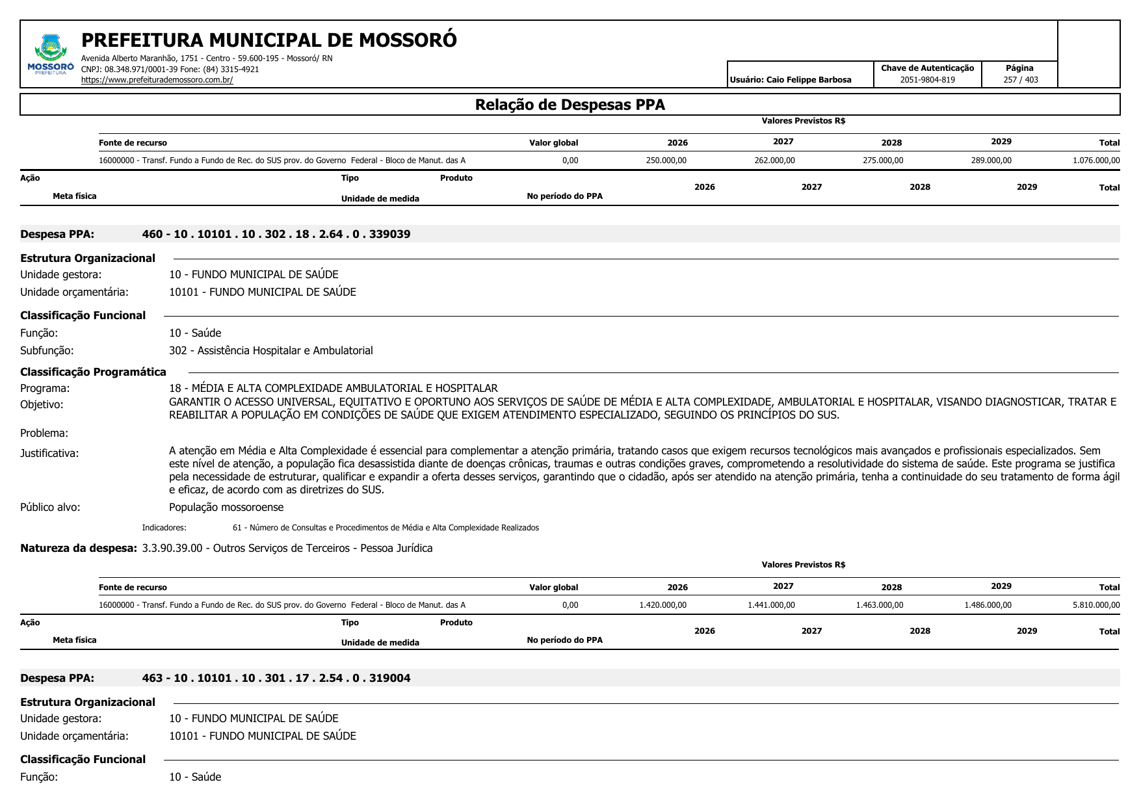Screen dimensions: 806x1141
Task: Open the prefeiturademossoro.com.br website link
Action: tap(157, 80)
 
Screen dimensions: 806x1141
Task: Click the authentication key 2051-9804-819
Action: tap(927, 80)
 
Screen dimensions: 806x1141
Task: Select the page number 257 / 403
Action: tap(1020, 80)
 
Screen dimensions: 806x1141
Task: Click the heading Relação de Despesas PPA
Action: tap(570, 105)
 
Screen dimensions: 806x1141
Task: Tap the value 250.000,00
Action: tap(666, 161)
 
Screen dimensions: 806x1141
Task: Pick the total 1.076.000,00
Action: tap(1095, 161)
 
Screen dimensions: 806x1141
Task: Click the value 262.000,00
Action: tap(774, 161)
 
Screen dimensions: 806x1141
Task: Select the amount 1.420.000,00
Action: tap(662, 605)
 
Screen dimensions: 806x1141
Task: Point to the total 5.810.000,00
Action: tap(1095, 605)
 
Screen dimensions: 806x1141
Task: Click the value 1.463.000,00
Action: tap(879, 605)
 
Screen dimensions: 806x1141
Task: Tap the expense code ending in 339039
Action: tap(276, 234)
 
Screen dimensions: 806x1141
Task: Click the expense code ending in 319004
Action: tap(276, 678)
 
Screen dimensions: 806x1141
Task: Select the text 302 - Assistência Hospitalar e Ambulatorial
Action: tap(270, 350)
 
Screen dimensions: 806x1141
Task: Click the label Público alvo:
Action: tap(50, 507)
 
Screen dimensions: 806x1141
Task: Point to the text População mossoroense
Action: tap(226, 507)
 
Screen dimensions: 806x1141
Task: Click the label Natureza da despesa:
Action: tap(79, 548)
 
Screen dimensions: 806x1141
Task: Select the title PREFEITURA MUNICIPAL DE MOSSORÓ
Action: tap(269, 40)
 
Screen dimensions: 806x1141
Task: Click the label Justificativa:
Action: tap(49, 453)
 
